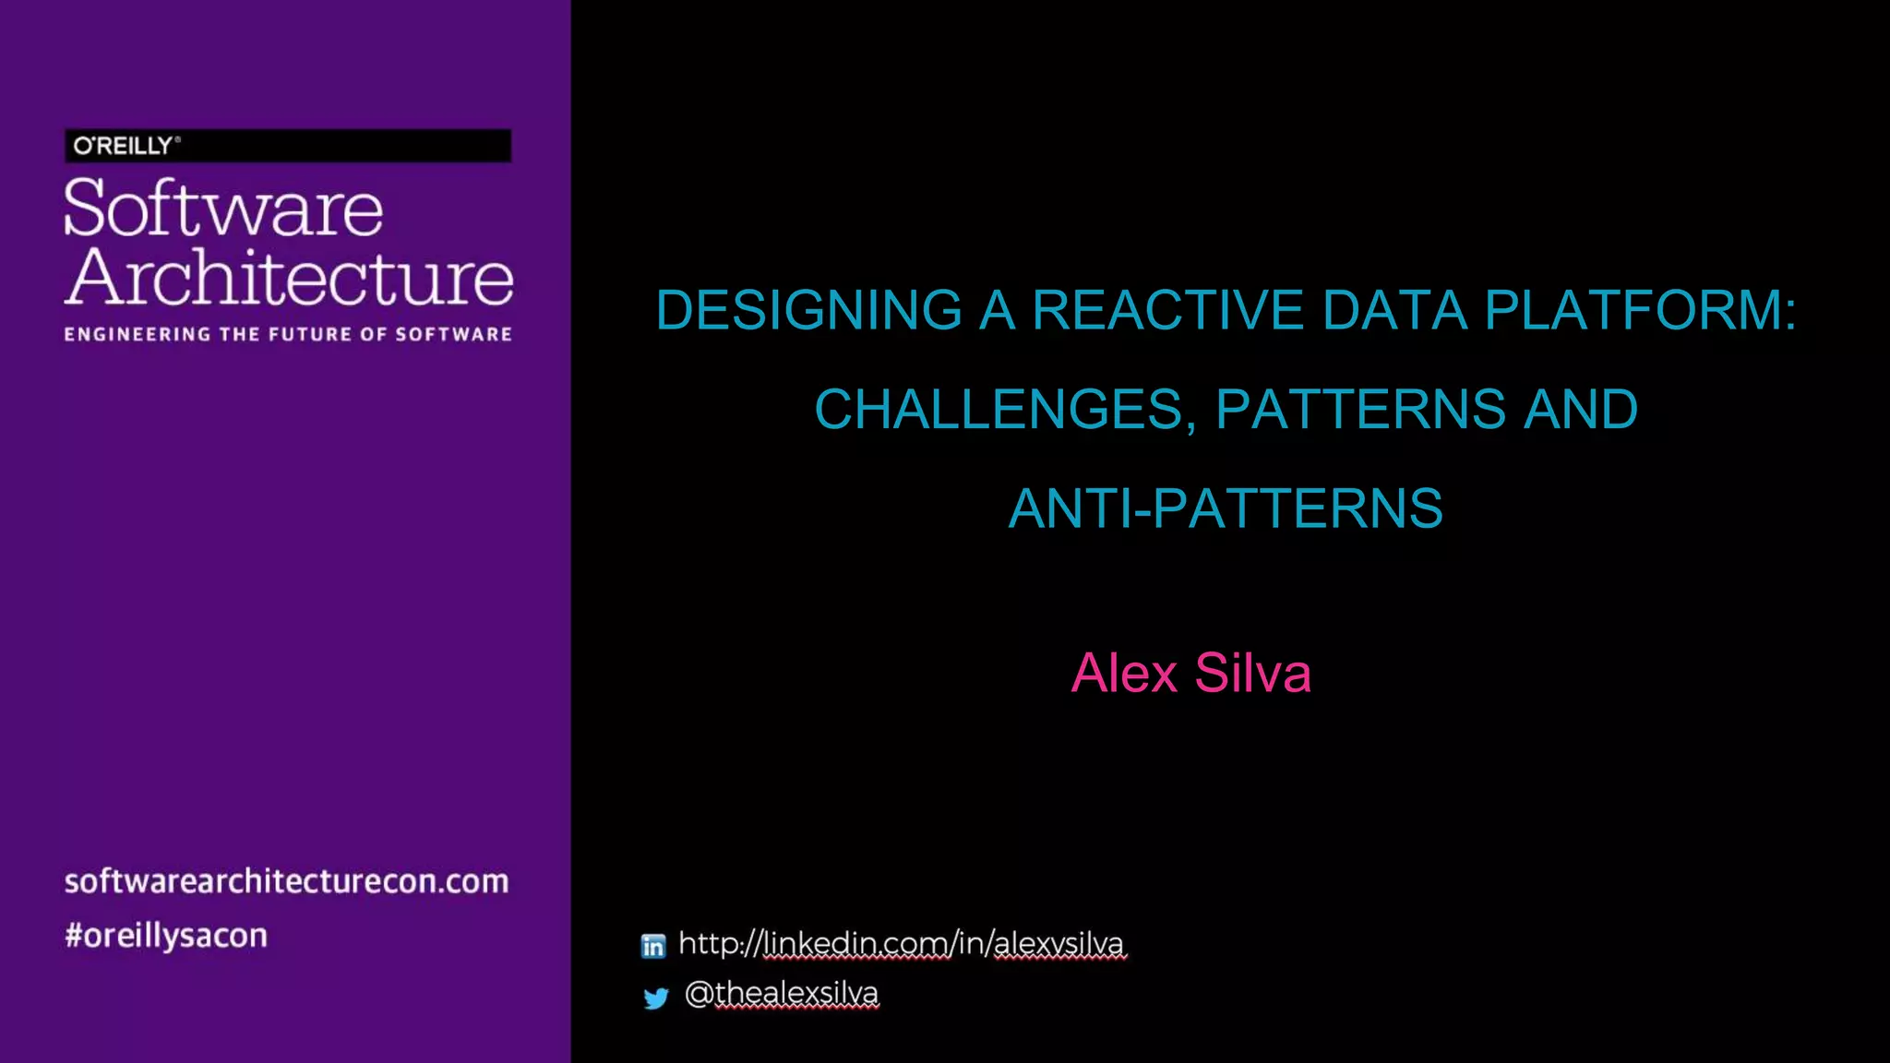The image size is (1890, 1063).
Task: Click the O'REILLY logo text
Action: (x=124, y=146)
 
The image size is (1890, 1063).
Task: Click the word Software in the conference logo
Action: (x=223, y=209)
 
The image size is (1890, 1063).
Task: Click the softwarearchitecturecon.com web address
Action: (x=286, y=881)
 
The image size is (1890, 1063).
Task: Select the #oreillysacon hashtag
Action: (x=166, y=936)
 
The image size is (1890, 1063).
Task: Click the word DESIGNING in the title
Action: (x=808, y=310)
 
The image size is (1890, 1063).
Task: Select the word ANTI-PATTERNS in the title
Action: (x=1226, y=508)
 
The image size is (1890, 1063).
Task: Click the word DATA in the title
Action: (x=1394, y=310)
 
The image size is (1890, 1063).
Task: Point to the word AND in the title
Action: (x=1580, y=410)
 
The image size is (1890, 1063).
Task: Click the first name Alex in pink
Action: (x=1124, y=673)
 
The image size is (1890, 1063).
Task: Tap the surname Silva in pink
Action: (x=1252, y=673)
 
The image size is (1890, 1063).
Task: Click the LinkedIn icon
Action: (x=653, y=946)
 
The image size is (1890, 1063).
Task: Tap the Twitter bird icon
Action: (x=655, y=997)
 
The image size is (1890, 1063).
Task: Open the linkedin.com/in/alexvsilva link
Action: (x=902, y=944)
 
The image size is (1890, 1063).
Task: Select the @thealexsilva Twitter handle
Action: (x=782, y=994)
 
